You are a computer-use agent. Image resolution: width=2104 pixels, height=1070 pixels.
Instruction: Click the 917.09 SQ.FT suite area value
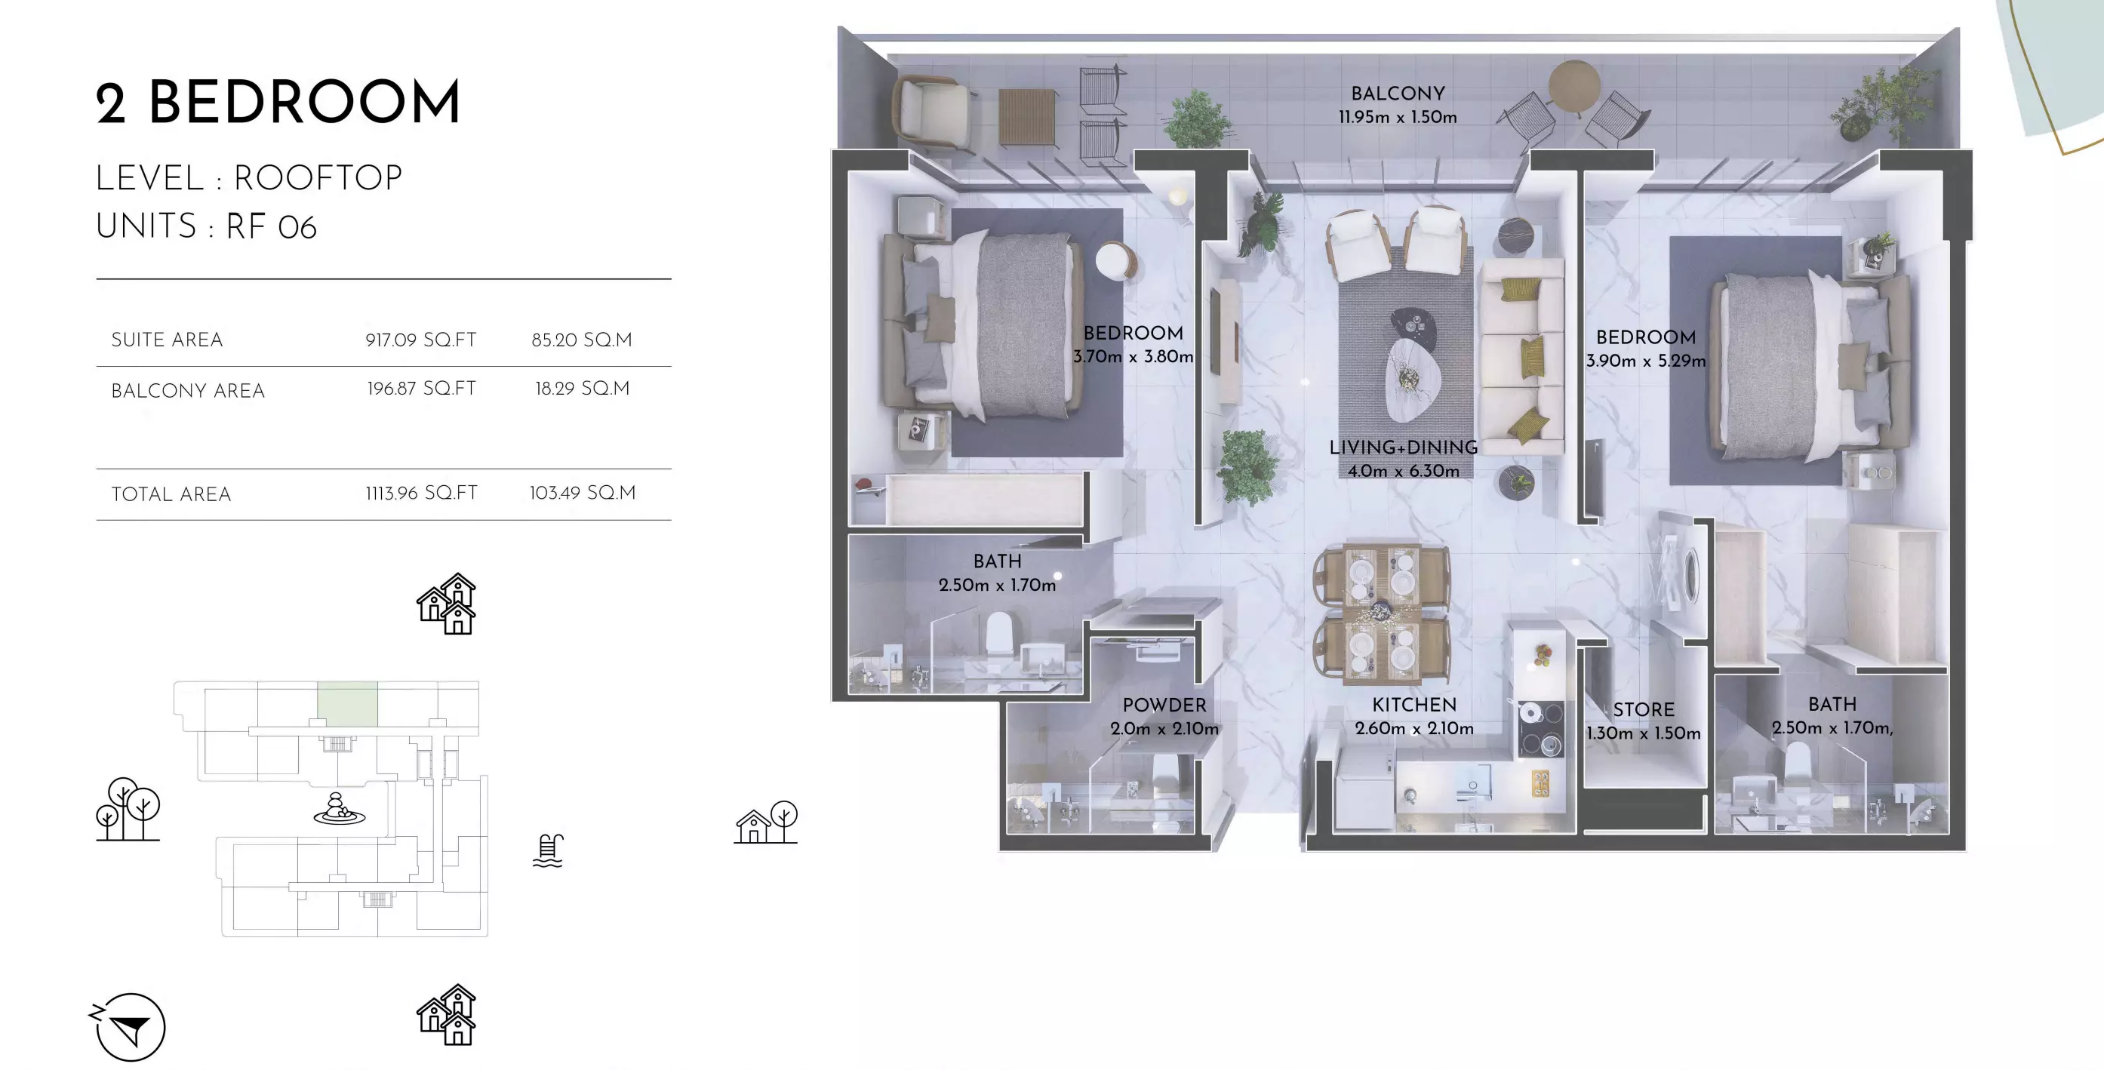point(420,340)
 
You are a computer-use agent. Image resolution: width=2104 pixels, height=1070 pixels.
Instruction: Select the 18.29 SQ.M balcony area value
point(583,389)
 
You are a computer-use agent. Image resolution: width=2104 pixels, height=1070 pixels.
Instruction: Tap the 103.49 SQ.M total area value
point(583,493)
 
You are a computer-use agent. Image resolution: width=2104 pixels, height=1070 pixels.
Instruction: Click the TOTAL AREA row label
point(171,494)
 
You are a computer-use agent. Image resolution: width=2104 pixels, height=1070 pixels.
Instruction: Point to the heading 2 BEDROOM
point(278,103)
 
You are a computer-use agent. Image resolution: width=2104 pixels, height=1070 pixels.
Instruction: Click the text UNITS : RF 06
point(206,226)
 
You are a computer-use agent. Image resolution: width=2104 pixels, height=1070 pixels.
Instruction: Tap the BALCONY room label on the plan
point(1398,94)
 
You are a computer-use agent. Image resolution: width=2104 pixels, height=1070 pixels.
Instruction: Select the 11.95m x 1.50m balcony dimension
point(1398,118)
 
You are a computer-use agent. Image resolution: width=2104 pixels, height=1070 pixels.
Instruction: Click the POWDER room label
point(1164,705)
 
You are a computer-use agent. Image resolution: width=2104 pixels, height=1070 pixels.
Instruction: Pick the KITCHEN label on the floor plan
point(1413,705)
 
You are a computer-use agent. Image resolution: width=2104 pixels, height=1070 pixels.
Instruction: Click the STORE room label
point(1644,710)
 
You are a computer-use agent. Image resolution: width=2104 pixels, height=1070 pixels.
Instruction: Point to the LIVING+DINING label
point(1403,447)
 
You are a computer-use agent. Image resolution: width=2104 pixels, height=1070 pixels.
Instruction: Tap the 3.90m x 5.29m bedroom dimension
point(1646,361)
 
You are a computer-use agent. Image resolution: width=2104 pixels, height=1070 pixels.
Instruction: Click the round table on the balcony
point(1574,85)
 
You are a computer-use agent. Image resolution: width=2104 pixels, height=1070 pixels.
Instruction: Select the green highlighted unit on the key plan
point(347,703)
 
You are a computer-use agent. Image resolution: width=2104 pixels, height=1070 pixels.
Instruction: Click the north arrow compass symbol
point(129,1027)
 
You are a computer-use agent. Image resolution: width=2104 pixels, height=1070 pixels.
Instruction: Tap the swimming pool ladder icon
point(548,851)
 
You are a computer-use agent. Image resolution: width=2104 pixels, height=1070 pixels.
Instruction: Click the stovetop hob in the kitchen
point(1540,729)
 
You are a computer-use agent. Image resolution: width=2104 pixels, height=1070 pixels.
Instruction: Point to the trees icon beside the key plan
point(128,809)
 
